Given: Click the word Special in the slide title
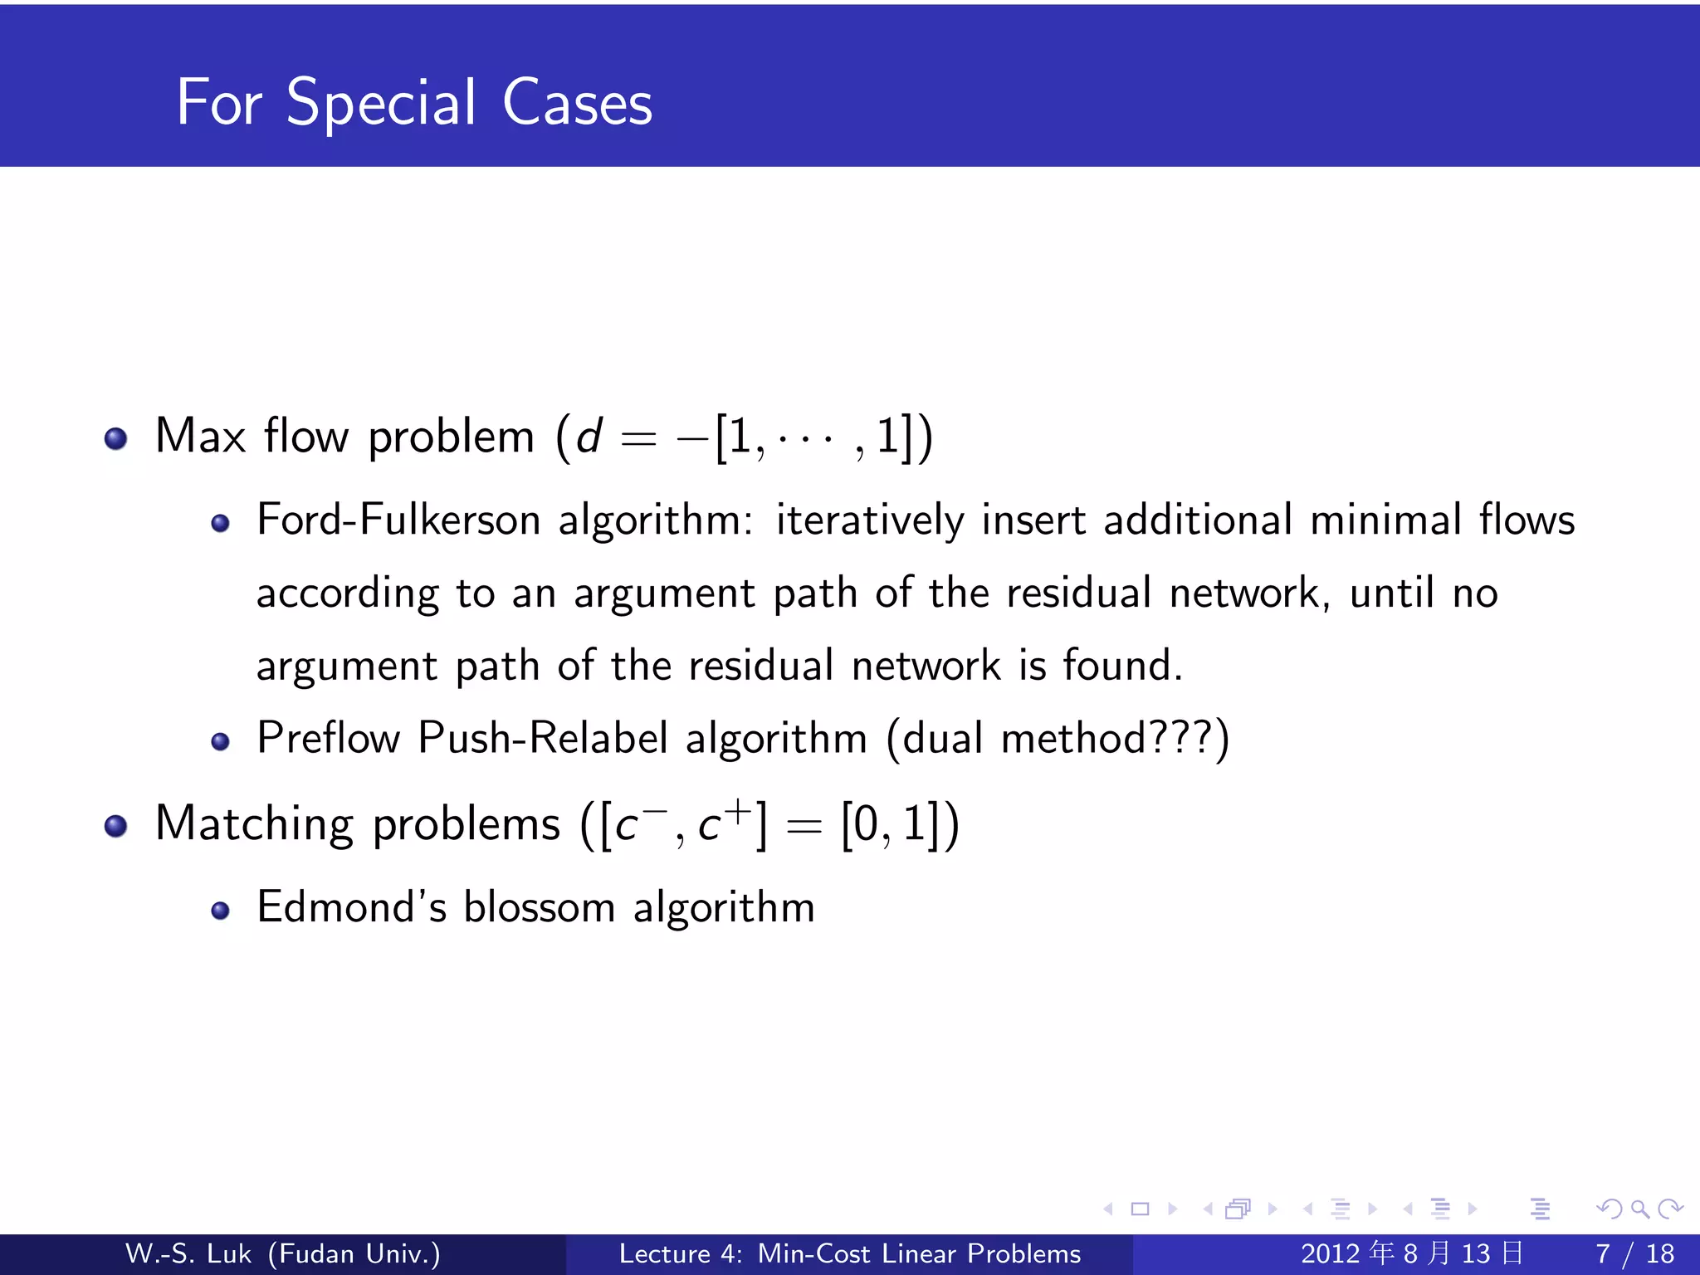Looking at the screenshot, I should [381, 104].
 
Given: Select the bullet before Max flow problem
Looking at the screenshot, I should [115, 437].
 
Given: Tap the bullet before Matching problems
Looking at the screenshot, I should [115, 825].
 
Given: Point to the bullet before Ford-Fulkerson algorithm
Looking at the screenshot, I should [220, 523].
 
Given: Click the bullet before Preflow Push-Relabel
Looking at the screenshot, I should [220, 741].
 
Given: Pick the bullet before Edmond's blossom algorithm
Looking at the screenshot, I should [220, 911].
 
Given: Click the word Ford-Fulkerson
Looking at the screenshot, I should [398, 521].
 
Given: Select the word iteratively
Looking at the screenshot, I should [869, 521].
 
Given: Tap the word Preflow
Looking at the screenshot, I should [329, 738].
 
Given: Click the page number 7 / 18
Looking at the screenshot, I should [1634, 1253].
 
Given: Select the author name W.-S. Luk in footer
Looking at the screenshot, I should [188, 1253].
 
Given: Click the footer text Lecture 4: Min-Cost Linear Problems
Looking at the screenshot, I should [850, 1253].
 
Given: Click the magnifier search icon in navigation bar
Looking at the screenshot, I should [1639, 1209].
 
